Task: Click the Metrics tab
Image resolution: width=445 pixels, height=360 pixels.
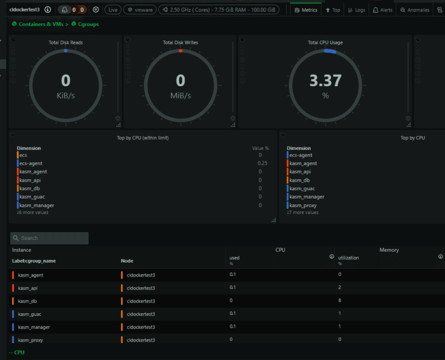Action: [306, 10]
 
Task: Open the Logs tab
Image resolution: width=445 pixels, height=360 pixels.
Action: [357, 10]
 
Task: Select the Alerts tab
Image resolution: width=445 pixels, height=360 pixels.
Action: [382, 10]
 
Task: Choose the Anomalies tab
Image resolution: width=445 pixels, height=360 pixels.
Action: [415, 10]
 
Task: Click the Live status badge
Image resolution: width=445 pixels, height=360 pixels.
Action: [113, 10]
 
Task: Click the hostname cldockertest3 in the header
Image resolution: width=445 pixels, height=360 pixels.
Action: [25, 10]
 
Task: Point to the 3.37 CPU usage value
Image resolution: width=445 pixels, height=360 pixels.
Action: [325, 81]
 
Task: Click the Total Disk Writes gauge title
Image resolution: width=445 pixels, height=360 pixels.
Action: [181, 42]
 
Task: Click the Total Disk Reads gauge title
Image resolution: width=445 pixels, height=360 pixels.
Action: [65, 42]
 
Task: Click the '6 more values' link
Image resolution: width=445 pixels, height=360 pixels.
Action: [33, 212]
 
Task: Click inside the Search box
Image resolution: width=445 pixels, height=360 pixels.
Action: [52, 238]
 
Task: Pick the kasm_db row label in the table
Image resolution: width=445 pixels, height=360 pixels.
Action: [27, 301]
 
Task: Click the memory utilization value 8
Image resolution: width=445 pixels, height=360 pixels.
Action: [340, 301]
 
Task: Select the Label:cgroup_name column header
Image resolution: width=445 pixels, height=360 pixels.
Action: [34, 261]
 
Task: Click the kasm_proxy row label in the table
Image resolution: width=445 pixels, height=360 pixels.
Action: [30, 340]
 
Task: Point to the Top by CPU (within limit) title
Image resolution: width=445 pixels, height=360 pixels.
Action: [143, 138]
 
